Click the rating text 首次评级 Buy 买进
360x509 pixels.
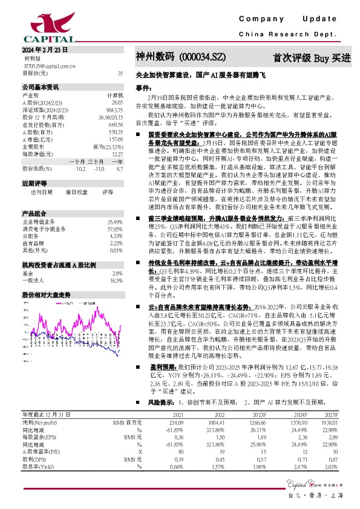click(x=312, y=58)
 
